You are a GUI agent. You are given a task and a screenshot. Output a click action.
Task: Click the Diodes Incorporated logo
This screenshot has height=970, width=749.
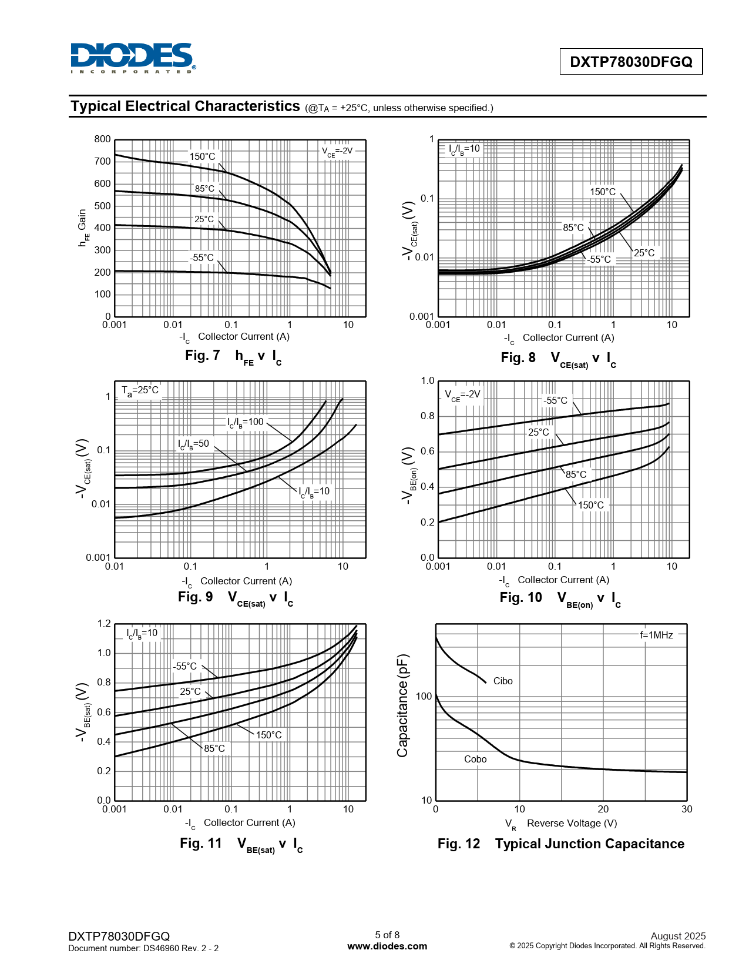[x=133, y=58]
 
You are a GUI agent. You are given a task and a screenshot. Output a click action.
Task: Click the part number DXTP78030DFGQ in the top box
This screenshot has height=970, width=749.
[x=631, y=62]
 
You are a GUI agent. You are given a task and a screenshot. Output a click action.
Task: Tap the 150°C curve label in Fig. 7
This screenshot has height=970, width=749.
[x=202, y=156]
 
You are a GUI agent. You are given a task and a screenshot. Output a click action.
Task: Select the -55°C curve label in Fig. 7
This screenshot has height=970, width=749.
[x=201, y=257]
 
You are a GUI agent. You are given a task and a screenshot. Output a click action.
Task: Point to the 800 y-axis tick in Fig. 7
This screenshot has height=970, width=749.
[x=102, y=139]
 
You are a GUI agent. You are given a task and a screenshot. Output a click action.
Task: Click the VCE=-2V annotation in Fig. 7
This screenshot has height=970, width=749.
[x=337, y=151]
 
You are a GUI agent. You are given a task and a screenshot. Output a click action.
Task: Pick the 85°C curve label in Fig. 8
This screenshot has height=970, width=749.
[x=573, y=228]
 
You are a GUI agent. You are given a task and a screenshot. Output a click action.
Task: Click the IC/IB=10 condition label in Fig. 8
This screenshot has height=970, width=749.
[x=464, y=149]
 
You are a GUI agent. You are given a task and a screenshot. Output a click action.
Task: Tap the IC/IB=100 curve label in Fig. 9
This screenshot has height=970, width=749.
[x=246, y=422]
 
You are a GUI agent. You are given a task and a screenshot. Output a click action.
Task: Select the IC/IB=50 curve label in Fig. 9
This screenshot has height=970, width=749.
[x=193, y=444]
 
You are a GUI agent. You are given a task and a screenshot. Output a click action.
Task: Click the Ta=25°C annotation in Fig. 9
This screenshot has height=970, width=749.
[x=140, y=390]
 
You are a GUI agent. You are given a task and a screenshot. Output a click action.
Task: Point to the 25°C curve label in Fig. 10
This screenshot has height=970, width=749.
[x=538, y=432]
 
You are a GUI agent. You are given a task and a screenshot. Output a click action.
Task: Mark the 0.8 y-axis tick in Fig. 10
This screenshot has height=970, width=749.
[x=427, y=416]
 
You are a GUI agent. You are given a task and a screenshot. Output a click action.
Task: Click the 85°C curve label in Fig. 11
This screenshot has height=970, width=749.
[x=214, y=748]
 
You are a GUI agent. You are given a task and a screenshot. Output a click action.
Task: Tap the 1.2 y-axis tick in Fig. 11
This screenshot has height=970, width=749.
[x=104, y=624]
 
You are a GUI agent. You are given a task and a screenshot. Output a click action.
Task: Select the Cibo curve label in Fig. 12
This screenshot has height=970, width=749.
[x=503, y=681]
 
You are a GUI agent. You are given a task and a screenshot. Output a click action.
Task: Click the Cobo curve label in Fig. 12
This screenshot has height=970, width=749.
[x=475, y=759]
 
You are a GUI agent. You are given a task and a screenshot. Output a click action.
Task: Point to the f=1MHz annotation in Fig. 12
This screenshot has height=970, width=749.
[x=656, y=635]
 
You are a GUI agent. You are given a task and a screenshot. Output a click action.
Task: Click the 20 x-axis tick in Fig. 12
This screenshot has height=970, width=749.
[x=603, y=809]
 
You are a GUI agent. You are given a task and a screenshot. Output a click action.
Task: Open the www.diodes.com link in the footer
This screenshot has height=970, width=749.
[x=387, y=946]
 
